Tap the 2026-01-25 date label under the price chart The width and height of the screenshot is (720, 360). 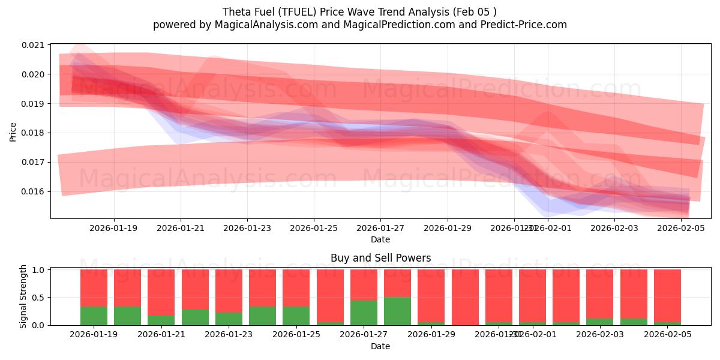point(314,228)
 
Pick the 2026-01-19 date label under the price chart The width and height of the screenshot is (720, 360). point(114,228)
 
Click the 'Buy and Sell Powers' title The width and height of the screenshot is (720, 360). point(380,259)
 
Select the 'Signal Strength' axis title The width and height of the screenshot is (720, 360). point(23,296)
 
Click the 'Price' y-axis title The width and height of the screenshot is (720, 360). point(13,131)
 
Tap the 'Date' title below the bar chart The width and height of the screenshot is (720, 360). point(380,346)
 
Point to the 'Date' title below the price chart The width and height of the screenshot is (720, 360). point(380,239)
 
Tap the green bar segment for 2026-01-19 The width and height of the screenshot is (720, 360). point(94,316)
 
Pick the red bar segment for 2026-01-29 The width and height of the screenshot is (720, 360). point(431,295)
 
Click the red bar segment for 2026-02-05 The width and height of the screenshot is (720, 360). point(667,295)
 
